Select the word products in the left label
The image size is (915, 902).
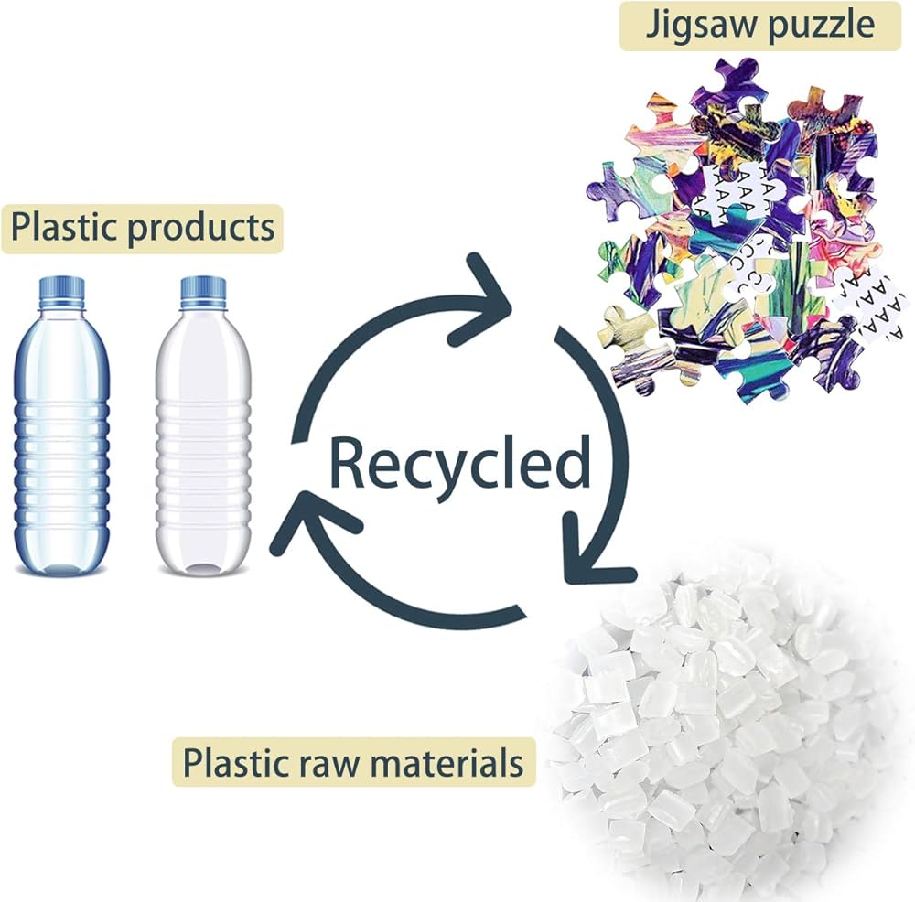[x=200, y=228]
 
